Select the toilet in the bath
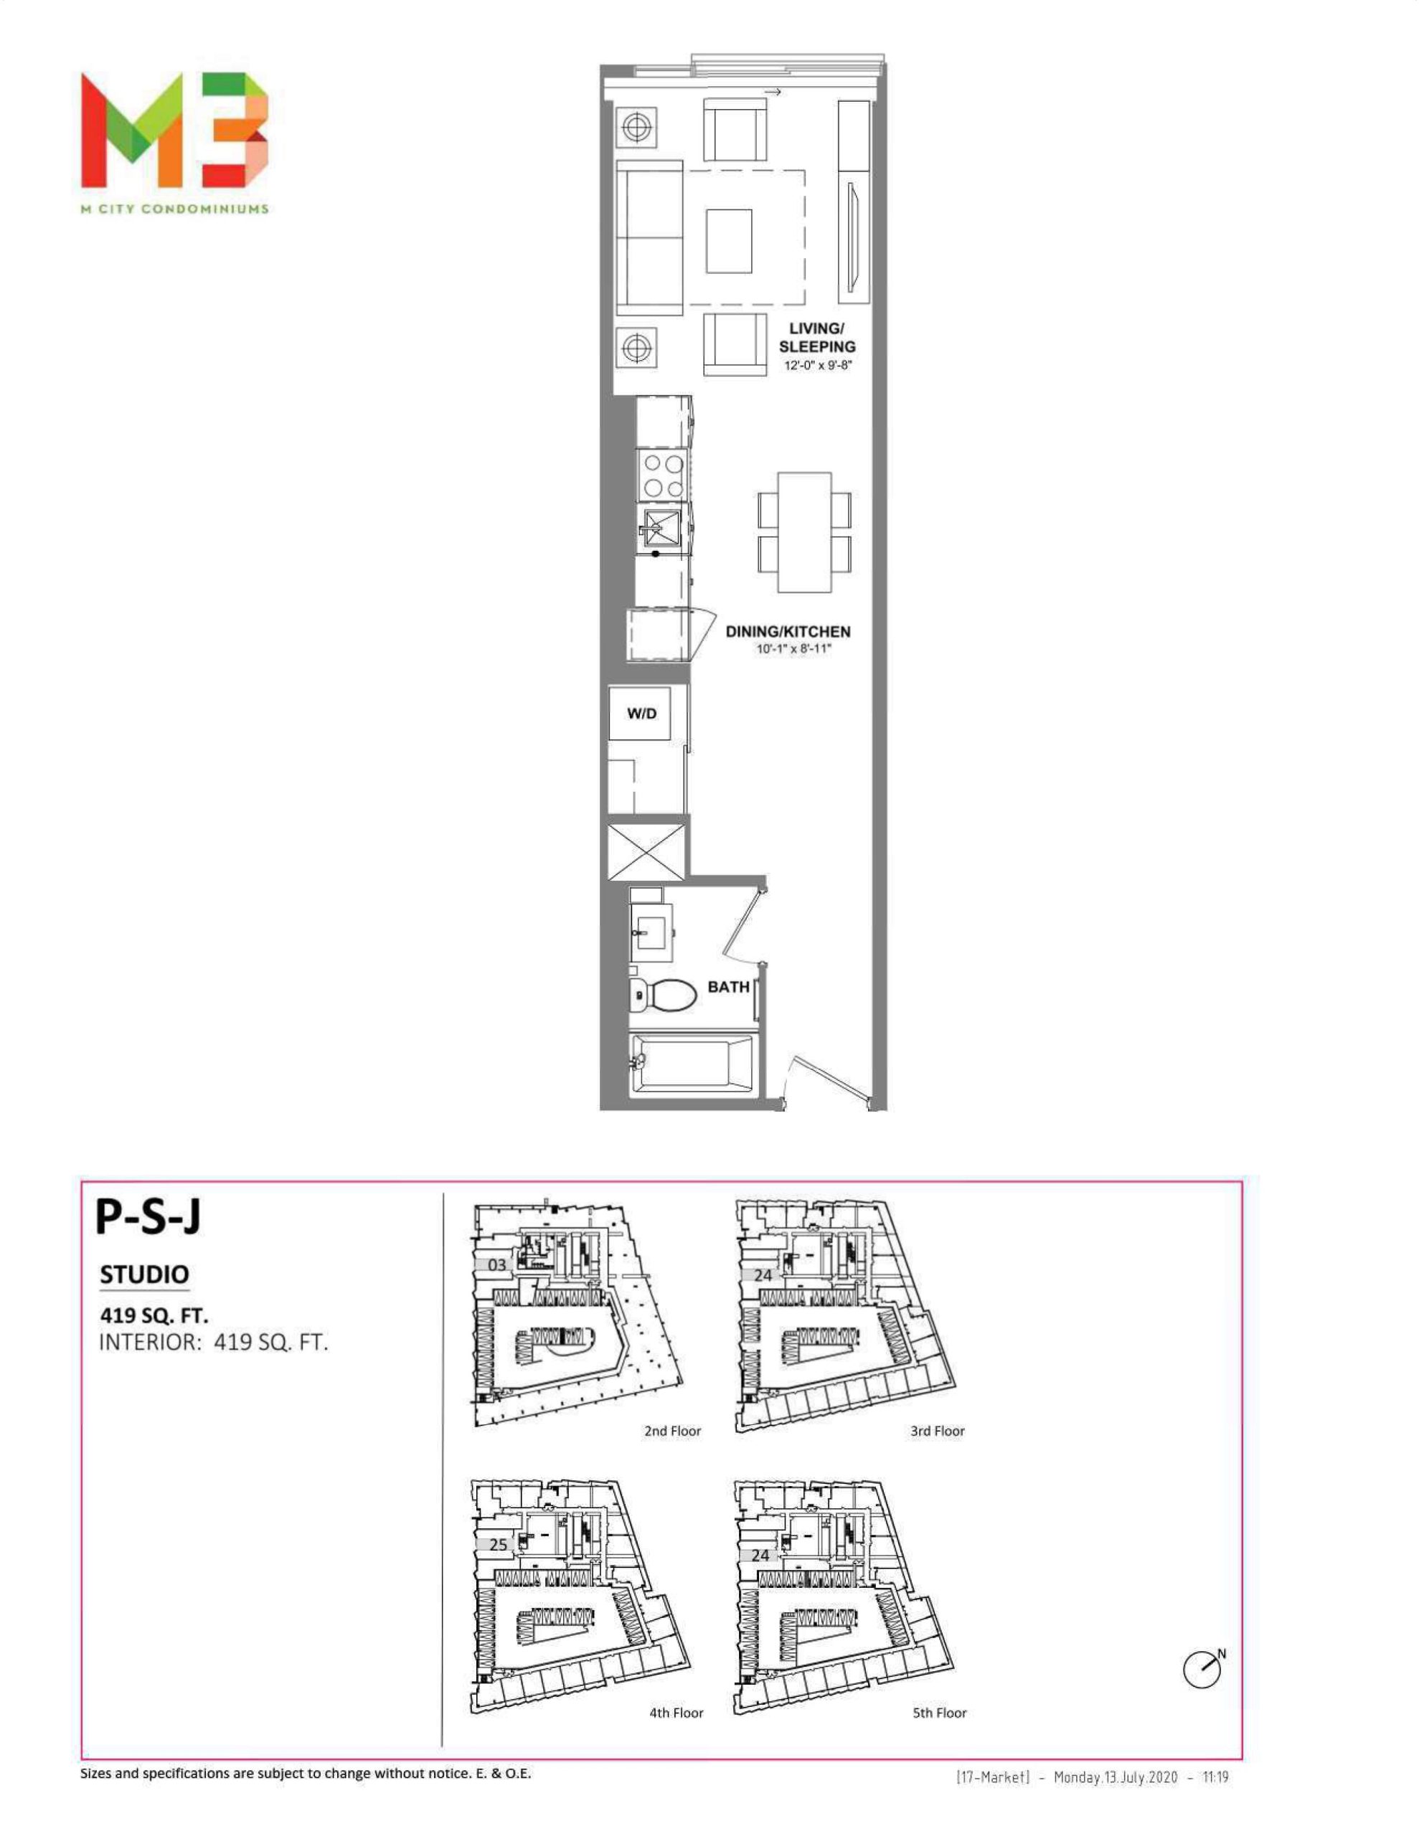point(663,996)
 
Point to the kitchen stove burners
point(663,475)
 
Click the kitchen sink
point(662,528)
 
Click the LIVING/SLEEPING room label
point(816,337)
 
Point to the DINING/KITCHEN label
point(788,631)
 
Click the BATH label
point(728,987)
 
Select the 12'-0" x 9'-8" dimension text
point(819,366)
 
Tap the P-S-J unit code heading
point(148,1216)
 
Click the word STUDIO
point(145,1275)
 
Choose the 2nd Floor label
point(672,1431)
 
